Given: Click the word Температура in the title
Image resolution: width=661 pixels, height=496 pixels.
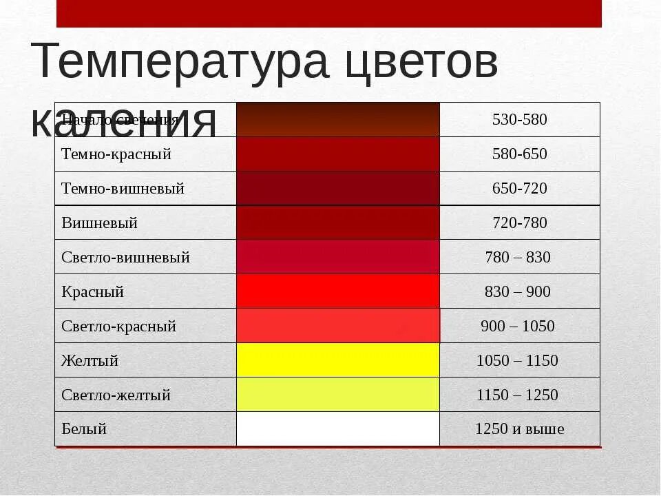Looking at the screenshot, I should click(x=181, y=63).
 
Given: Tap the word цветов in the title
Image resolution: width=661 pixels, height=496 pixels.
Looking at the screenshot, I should click(x=419, y=63).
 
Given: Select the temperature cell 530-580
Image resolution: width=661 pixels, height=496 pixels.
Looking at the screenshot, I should click(x=519, y=120).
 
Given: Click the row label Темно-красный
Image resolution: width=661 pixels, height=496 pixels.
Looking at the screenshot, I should click(x=116, y=154).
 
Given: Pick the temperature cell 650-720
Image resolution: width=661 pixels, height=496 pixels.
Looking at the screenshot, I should click(x=519, y=189).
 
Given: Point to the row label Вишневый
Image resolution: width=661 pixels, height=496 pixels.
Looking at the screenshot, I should click(x=100, y=223).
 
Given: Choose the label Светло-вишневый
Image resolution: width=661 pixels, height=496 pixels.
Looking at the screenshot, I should click(x=125, y=258).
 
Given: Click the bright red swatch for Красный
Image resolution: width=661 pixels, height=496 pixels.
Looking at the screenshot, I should click(x=337, y=291).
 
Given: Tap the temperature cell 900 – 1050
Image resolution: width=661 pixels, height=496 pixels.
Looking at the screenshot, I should click(x=518, y=327).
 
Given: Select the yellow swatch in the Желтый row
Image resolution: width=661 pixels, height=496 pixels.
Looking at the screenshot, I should click(x=337, y=360).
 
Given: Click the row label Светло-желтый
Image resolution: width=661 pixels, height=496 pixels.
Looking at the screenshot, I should click(x=116, y=395).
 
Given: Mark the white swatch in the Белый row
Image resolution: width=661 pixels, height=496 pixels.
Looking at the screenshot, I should click(x=337, y=429).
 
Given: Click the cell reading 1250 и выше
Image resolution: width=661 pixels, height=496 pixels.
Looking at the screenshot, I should click(x=519, y=429).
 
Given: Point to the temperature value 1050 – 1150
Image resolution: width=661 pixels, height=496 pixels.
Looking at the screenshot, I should click(x=518, y=361).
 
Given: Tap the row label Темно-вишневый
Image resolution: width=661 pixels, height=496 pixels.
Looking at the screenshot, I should click(x=123, y=189).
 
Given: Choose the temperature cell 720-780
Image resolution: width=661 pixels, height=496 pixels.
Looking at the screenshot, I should click(x=519, y=223).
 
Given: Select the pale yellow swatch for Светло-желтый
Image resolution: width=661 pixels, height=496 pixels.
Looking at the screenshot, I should click(x=337, y=395).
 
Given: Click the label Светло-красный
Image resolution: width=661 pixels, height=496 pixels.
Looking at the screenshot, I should click(x=118, y=327).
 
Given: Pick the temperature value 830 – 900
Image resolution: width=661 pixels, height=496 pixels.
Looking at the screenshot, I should click(x=518, y=292).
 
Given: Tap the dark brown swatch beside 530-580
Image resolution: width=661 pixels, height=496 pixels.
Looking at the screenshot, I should click(x=337, y=120).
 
